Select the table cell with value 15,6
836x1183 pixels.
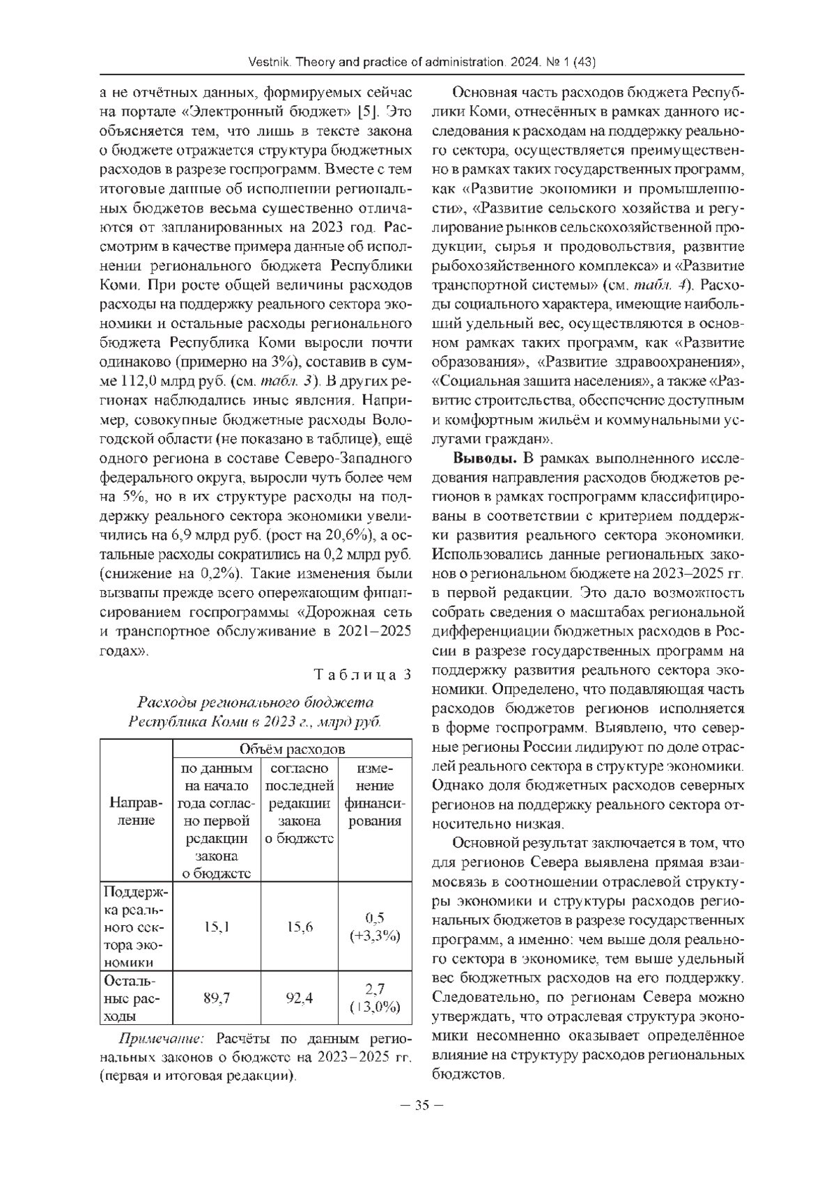pos(300,927)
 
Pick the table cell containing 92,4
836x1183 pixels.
pos(300,998)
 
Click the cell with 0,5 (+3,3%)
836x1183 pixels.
pos(375,927)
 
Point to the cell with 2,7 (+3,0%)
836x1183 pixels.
pos(375,998)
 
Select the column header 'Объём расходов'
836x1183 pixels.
pos(292,749)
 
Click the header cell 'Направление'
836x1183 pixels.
pos(136,812)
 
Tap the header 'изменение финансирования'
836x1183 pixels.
pos(375,795)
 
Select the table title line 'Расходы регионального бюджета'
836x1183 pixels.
pos(256,702)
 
